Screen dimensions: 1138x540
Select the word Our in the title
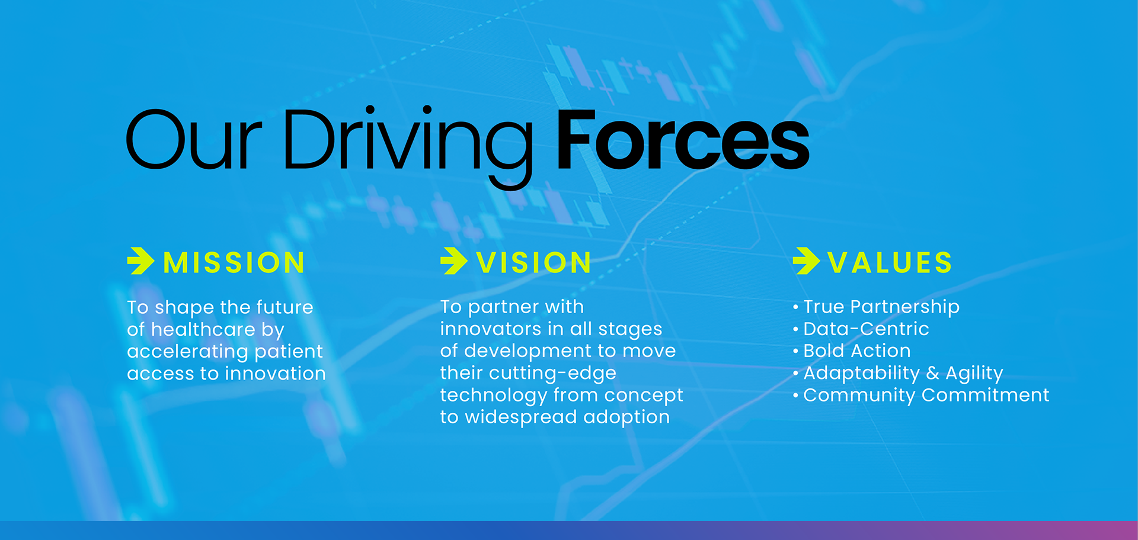tap(193, 140)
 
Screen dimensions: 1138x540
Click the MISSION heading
tap(234, 262)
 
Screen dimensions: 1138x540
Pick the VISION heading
tap(534, 262)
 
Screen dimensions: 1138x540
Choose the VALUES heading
tap(890, 262)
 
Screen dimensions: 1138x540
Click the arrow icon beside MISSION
tap(140, 261)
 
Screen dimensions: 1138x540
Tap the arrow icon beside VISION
tap(454, 261)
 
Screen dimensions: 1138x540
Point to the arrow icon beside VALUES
tap(806, 261)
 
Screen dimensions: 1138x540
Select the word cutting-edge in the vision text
tap(552, 374)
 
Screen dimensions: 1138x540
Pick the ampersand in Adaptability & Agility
tap(933, 373)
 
